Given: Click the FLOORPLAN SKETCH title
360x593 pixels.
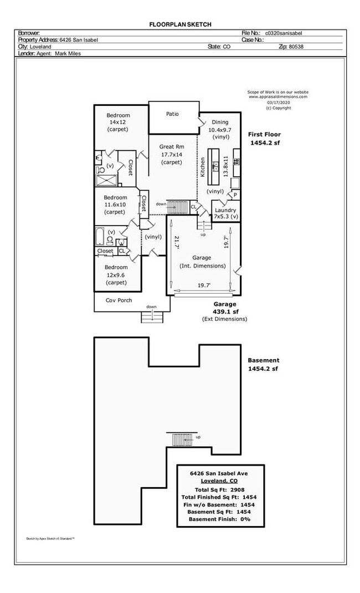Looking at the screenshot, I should pos(181,24).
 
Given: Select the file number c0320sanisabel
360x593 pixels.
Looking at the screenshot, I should pos(285,33).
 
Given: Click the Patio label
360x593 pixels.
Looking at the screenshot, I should pos(172,114).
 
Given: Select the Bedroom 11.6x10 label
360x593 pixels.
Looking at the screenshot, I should pos(116,205).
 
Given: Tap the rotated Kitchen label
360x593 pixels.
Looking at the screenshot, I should pos(203,167).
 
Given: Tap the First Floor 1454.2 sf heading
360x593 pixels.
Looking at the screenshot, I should pos(264,139).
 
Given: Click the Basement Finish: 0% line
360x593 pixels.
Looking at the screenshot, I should pos(219,519).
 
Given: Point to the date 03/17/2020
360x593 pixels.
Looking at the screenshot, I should pos(278,102).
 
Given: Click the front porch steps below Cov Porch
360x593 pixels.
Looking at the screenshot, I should pos(152,316).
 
